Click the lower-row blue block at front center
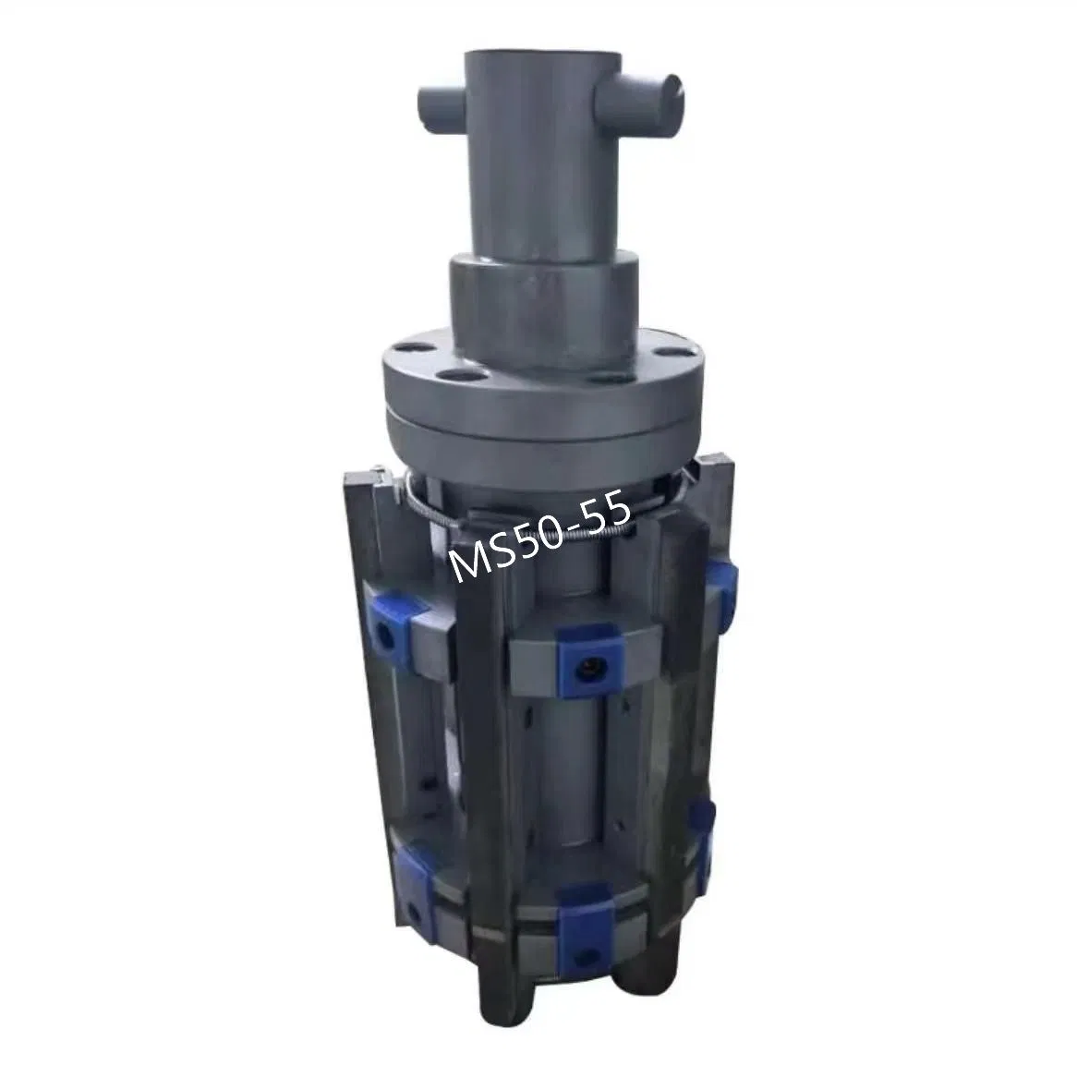(587, 909)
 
